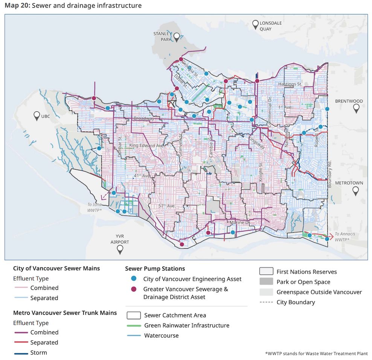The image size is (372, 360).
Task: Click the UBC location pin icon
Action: [x=37, y=116]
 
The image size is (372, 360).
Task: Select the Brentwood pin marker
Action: [x=356, y=108]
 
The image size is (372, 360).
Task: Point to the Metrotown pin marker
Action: [x=355, y=191]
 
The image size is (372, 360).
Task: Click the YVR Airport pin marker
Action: [x=120, y=249]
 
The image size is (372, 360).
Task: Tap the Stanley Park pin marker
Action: [x=177, y=37]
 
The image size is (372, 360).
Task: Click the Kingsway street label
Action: [x=256, y=143]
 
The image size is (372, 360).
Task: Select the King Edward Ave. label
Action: [x=147, y=145]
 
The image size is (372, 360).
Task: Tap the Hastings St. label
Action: [x=290, y=84]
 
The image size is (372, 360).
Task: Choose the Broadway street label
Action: [x=144, y=118]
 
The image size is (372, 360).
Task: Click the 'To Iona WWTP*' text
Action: [x=95, y=207]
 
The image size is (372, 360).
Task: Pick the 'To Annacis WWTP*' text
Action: [x=345, y=237]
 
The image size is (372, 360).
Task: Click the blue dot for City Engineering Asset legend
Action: [x=133, y=279]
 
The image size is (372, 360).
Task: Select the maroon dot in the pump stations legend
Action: [x=133, y=290]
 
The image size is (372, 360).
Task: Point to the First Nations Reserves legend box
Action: [x=266, y=272]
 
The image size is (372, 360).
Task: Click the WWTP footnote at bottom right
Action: [x=316, y=354]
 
